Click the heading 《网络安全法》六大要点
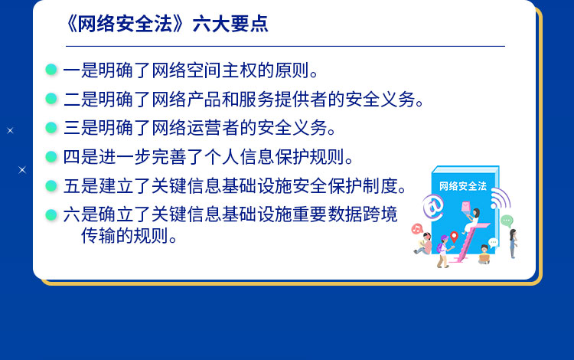167,25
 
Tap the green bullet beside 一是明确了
51,70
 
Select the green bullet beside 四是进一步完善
51,157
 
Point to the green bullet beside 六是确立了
51,214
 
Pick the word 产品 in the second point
204,100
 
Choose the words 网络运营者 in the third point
195,128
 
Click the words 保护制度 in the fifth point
363,186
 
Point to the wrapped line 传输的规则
129,236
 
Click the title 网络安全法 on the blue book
463,186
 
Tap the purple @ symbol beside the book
432,208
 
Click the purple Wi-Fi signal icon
501,198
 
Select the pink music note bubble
417,229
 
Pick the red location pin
454,237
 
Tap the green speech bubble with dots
507,221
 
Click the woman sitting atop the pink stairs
472,221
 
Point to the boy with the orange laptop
484,254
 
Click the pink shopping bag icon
465,206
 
